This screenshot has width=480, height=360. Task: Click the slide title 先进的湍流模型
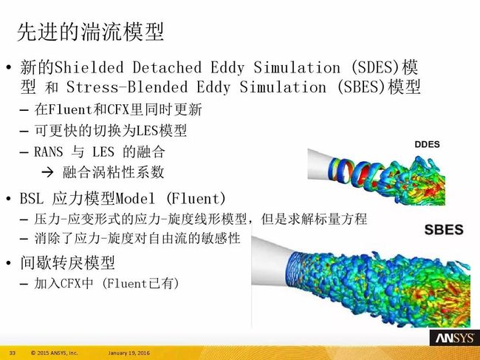(x=90, y=32)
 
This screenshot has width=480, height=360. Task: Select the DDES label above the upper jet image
(x=427, y=144)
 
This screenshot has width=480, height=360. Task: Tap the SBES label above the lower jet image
(x=444, y=230)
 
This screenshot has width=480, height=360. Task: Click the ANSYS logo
(x=455, y=338)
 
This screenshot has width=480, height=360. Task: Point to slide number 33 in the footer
(x=13, y=353)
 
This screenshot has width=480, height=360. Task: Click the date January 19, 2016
(x=129, y=353)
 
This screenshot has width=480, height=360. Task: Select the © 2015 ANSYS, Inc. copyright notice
(x=55, y=353)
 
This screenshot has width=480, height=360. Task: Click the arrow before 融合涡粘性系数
(x=47, y=172)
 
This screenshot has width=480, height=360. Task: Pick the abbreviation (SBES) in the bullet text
(x=362, y=87)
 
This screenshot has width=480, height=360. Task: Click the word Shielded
(x=89, y=67)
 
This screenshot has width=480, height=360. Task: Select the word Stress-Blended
(x=127, y=87)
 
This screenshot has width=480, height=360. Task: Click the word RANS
(x=48, y=152)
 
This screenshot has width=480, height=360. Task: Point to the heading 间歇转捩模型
(x=67, y=262)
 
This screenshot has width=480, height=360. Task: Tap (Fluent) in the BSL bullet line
(x=196, y=199)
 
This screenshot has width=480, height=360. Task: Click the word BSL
(x=32, y=199)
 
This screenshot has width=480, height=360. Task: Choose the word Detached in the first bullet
(x=167, y=67)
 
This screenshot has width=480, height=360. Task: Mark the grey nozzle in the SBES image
(x=270, y=261)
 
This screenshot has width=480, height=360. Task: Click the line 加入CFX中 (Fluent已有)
(x=106, y=283)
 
